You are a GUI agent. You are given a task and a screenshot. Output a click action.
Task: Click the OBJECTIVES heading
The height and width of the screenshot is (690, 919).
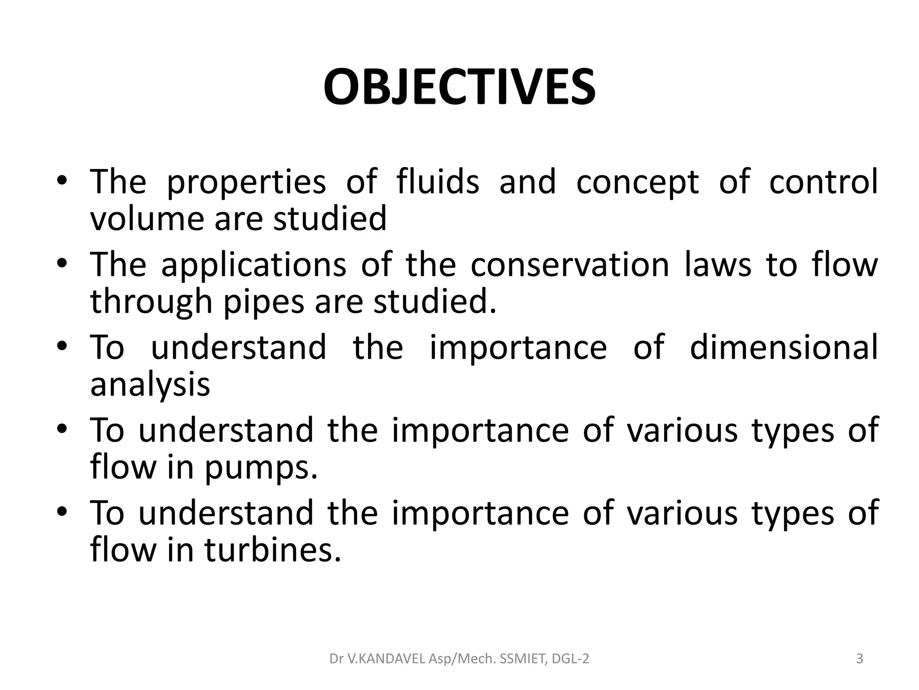[459, 87]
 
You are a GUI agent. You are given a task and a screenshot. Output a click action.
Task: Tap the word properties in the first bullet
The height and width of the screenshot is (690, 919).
[246, 182]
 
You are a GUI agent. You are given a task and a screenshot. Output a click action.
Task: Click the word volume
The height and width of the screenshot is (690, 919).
[143, 218]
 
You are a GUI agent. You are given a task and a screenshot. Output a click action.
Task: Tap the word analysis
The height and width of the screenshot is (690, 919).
[150, 385]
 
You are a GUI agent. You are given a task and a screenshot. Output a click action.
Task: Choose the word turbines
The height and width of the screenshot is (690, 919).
[273, 550]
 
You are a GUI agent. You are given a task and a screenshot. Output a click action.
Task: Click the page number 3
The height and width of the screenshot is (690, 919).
[859, 659]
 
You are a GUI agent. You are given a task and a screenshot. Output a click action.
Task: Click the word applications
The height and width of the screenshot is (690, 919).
[254, 265]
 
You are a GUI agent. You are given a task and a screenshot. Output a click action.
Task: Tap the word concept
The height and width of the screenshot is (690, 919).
[637, 182]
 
